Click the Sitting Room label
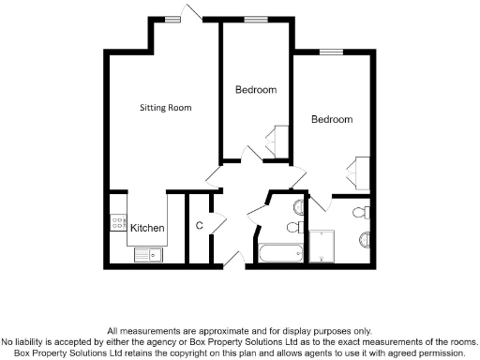166,108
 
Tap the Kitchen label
148,228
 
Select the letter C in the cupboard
200,226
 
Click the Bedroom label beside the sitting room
256,90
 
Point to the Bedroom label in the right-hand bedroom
332,120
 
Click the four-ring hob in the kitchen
118,223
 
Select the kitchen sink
147,253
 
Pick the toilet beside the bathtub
293,228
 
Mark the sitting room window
173,17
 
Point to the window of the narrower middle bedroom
256,19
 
